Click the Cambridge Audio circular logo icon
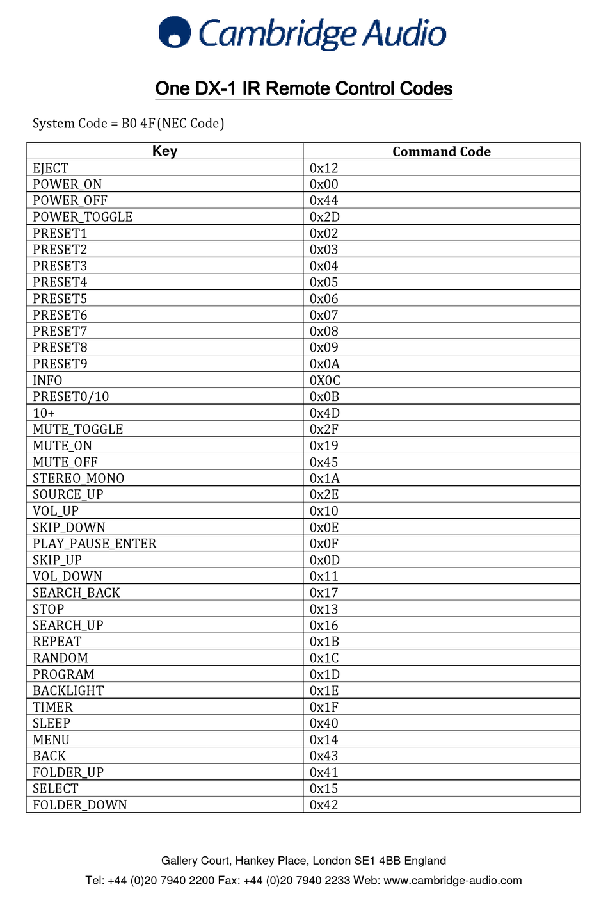pyautogui.click(x=175, y=33)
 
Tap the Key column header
pyautogui.click(x=164, y=151)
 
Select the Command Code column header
pyautogui.click(x=442, y=152)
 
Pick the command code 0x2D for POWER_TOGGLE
pyautogui.click(x=324, y=217)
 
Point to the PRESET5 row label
pyautogui.click(x=60, y=299)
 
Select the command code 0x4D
pyautogui.click(x=324, y=413)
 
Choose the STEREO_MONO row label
pyautogui.click(x=79, y=478)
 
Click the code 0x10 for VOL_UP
pyautogui.click(x=324, y=511)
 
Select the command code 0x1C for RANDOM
pyautogui.click(x=324, y=658)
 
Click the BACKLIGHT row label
pyautogui.click(x=68, y=691)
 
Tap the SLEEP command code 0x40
pyautogui.click(x=324, y=724)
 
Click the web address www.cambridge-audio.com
pyautogui.click(x=452, y=881)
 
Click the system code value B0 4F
pyautogui.click(x=138, y=124)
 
